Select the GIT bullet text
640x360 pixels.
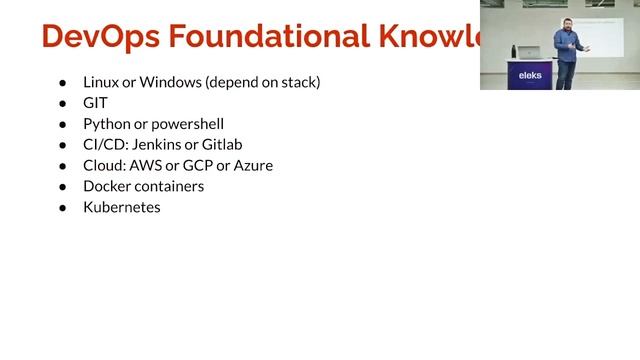click(95, 103)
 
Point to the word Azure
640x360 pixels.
click(252, 165)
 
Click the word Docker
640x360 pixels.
click(108, 186)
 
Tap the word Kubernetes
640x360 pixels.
click(122, 207)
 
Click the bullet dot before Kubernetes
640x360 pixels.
click(62, 207)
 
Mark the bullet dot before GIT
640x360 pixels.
click(62, 103)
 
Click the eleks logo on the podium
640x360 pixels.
click(529, 73)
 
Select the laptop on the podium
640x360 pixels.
click(527, 50)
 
